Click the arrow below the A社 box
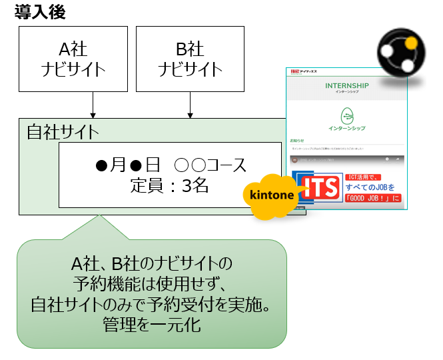click(x=93, y=105)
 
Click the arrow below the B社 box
click(x=191, y=105)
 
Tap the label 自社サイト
click(x=63, y=131)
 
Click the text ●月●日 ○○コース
click(x=170, y=165)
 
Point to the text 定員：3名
click(x=170, y=186)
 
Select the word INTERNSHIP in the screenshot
click(x=347, y=86)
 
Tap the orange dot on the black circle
click(x=410, y=44)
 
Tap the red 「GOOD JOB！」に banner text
click(x=373, y=199)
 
